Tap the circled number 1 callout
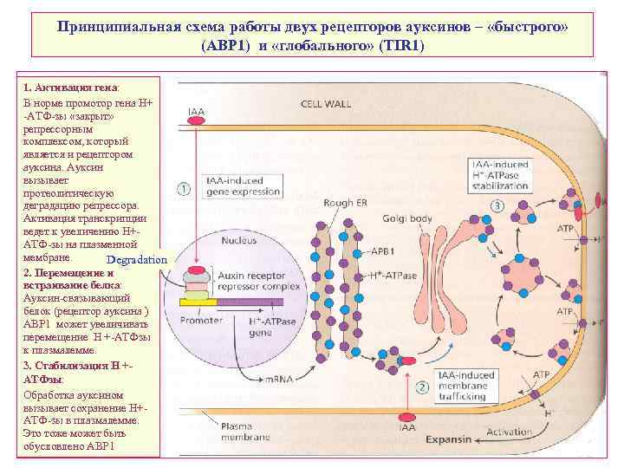pyautogui.click(x=184, y=187)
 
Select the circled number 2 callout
pyautogui.click(x=422, y=387)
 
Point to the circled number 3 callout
pyautogui.click(x=497, y=206)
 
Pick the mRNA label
pyautogui.click(x=302, y=379)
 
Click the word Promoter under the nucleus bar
pyautogui.click(x=203, y=321)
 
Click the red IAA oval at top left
pyautogui.click(x=198, y=122)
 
